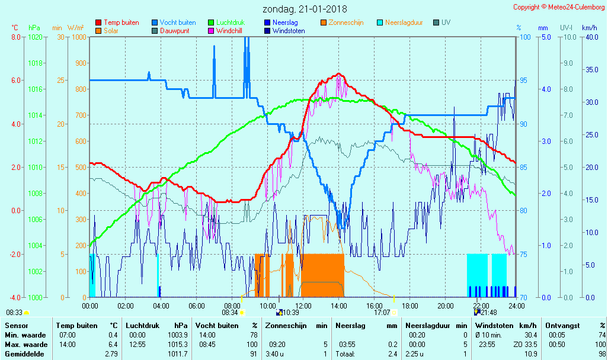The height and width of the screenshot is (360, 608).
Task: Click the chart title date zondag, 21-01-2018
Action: (x=305, y=9)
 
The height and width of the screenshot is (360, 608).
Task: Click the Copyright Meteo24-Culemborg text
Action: (x=559, y=7)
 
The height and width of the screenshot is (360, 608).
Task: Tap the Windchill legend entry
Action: (x=228, y=31)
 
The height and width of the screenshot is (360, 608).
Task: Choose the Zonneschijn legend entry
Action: (x=345, y=22)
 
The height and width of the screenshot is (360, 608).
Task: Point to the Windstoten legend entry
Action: (x=289, y=31)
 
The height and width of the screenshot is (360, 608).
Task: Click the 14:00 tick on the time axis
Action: (x=338, y=306)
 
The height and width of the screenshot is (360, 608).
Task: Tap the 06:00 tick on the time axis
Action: (x=196, y=306)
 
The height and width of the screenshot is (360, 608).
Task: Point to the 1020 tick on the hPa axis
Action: (x=35, y=37)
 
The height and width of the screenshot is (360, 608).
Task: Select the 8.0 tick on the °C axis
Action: (x=16, y=37)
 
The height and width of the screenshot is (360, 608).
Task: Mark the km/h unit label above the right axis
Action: (x=589, y=28)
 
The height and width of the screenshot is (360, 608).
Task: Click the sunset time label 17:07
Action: (x=382, y=312)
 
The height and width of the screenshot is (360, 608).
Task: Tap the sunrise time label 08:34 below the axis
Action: (x=230, y=312)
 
